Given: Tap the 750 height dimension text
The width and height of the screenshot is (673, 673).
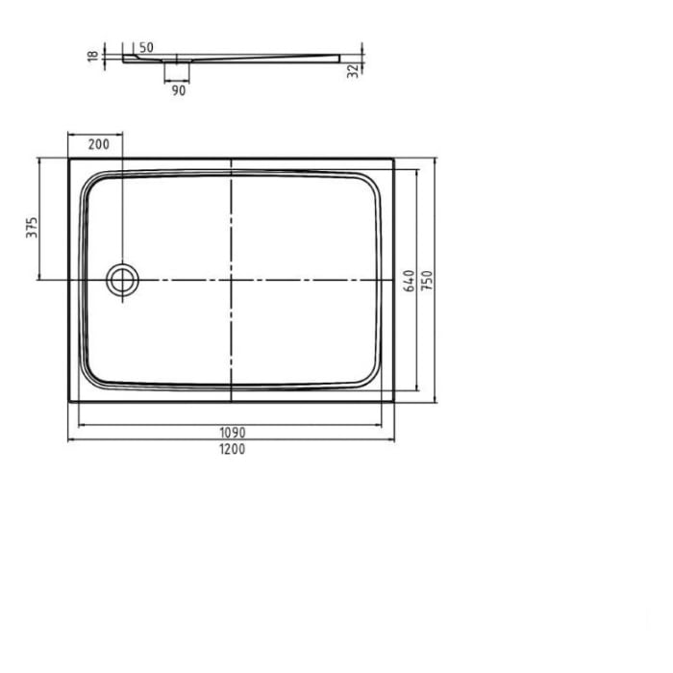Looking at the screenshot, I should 428,280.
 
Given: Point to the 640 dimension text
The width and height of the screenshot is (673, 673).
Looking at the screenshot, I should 410,280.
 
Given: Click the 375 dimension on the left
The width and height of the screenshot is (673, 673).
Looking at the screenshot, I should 32,227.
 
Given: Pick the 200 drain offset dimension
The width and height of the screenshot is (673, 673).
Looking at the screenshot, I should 97,144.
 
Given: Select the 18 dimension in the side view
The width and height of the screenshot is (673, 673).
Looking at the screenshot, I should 92,57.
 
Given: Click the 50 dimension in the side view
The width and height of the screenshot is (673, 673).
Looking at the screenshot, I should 146,46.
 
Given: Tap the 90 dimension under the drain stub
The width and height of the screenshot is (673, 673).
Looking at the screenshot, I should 178,90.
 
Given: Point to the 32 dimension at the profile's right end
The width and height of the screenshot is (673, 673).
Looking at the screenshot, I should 354,69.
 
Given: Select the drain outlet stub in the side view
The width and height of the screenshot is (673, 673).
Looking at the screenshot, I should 178,68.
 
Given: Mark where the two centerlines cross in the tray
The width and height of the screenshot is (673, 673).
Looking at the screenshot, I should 232,280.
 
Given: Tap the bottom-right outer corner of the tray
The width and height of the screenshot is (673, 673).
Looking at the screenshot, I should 394,401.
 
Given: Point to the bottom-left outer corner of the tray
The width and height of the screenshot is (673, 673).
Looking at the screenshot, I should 69,401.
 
